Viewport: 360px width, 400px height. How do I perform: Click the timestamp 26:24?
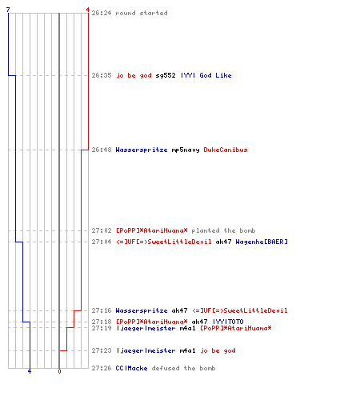pyautogui.click(x=102, y=13)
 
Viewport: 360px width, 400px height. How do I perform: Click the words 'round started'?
pyautogui.click(x=142, y=13)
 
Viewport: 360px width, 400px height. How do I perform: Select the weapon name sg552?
pyautogui.click(x=166, y=75)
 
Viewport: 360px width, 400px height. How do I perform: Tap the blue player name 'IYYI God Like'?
pyautogui.click(x=206, y=75)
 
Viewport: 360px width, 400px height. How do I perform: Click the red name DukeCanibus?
pyautogui.click(x=226, y=150)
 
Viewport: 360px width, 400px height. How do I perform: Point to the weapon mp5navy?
pyautogui.click(x=186, y=150)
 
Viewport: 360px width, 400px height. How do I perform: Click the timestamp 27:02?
pyautogui.click(x=102, y=230)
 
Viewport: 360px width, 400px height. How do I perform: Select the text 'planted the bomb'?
pyautogui.click(x=223, y=230)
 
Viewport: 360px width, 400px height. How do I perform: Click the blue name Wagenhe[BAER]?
pyautogui.click(x=262, y=242)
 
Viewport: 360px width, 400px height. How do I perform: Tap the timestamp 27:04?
pyautogui.click(x=102, y=242)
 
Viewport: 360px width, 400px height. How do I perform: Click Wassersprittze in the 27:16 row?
pyautogui.click(x=142, y=310)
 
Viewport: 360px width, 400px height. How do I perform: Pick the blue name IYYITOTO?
pyautogui.click(x=228, y=322)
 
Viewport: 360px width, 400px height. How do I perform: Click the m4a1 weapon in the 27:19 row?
pyautogui.click(x=187, y=328)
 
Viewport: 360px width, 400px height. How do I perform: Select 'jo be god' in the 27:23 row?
pyautogui.click(x=218, y=350)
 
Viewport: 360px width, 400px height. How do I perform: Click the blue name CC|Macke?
pyautogui.click(x=131, y=368)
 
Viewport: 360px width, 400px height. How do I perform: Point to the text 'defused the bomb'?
pyautogui.click(x=183, y=368)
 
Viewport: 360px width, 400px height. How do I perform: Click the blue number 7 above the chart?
pyautogui.click(x=8, y=10)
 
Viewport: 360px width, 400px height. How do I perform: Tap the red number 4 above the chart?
pyautogui.click(x=87, y=10)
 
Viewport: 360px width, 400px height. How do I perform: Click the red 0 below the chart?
pyautogui.click(x=59, y=371)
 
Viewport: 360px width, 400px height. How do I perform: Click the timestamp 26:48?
pyautogui.click(x=102, y=150)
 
